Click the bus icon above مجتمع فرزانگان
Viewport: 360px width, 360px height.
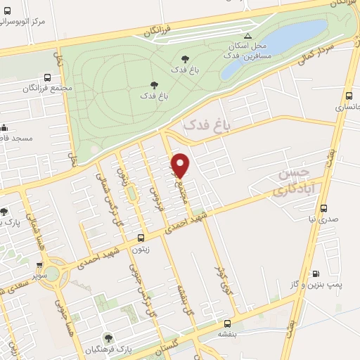point(47,78)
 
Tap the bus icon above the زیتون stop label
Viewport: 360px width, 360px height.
point(141,238)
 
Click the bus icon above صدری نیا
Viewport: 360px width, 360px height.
point(324,208)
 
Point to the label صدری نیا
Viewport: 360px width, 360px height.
point(323,219)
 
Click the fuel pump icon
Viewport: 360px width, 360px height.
point(316,274)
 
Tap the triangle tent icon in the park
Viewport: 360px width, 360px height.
point(247,35)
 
